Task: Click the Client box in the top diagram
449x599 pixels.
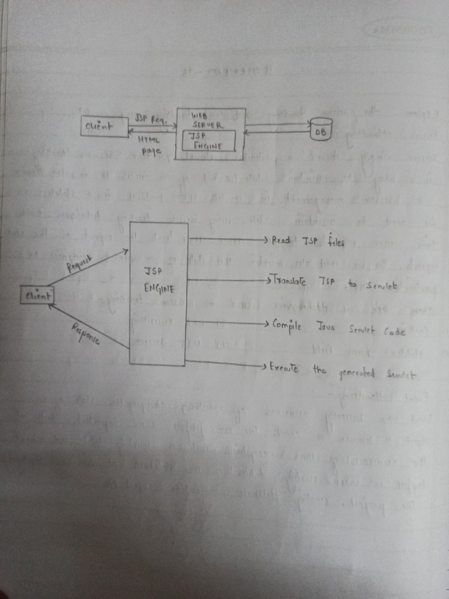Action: (x=105, y=127)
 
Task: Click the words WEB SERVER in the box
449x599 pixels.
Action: (x=203, y=121)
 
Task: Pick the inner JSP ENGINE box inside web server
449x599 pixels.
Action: (x=209, y=140)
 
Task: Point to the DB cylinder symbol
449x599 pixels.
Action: (x=321, y=129)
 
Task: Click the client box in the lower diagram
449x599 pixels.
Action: (x=37, y=296)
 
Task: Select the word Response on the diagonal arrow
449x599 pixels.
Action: (x=86, y=332)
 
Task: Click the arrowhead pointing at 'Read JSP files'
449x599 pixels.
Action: (x=265, y=240)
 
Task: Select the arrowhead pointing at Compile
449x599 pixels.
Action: (x=265, y=323)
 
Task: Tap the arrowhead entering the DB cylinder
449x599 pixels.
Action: (x=308, y=123)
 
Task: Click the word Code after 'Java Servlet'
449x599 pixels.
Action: (x=394, y=330)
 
